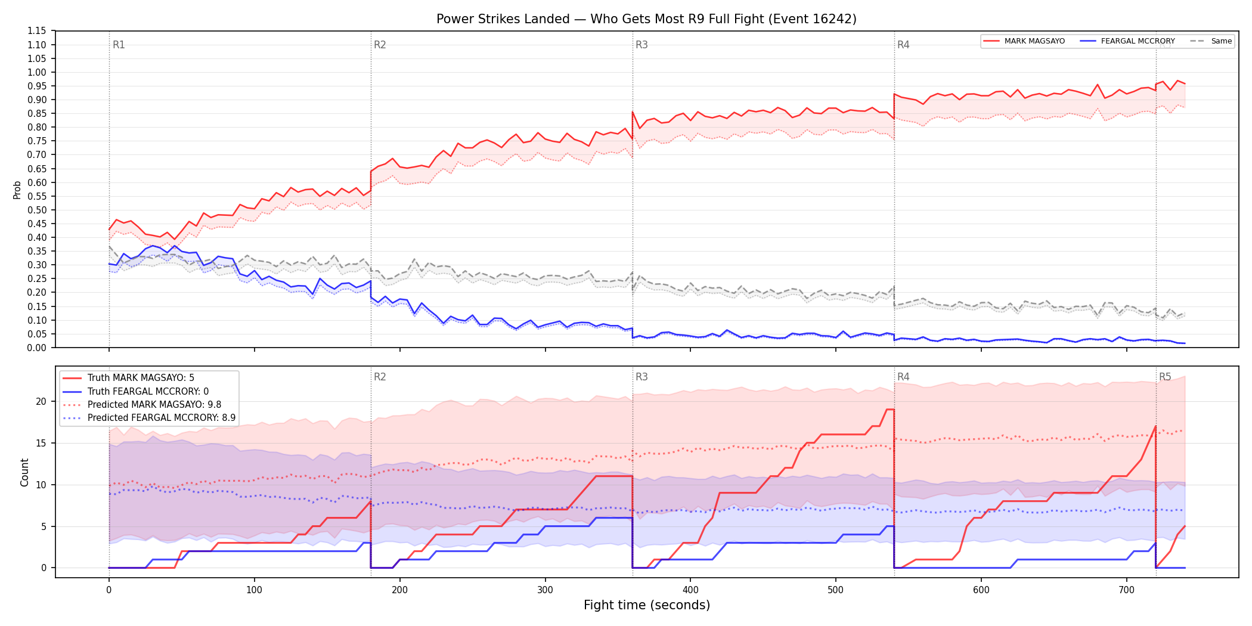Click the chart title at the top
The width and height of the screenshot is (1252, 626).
pyautogui.click(x=646, y=19)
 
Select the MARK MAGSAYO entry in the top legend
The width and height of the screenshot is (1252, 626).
pyautogui.click(x=1024, y=41)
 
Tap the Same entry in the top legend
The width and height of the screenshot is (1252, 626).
pyautogui.click(x=1211, y=41)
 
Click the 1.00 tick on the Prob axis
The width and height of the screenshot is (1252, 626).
pyautogui.click(x=36, y=72)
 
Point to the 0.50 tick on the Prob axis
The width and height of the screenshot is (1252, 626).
pyautogui.click(x=36, y=210)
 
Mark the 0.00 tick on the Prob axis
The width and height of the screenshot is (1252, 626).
pyautogui.click(x=36, y=348)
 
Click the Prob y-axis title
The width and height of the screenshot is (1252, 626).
pyautogui.click(x=17, y=190)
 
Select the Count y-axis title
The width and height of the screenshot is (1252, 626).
pyautogui.click(x=24, y=472)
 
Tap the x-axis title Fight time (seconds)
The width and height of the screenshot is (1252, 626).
pyautogui.click(x=647, y=605)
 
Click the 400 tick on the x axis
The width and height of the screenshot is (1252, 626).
pyautogui.click(x=690, y=590)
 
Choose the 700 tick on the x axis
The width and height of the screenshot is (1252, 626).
pyautogui.click(x=1127, y=590)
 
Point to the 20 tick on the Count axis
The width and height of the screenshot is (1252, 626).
pyautogui.click(x=41, y=401)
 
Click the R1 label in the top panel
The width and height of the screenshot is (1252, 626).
pyautogui.click(x=119, y=45)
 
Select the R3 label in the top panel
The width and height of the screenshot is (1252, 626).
pyautogui.click(x=642, y=45)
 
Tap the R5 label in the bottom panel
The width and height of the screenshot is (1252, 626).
pyautogui.click(x=1165, y=377)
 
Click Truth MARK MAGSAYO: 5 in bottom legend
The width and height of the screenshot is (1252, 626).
pyautogui.click(x=141, y=378)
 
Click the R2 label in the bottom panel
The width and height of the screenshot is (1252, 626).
pyautogui.click(x=380, y=377)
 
